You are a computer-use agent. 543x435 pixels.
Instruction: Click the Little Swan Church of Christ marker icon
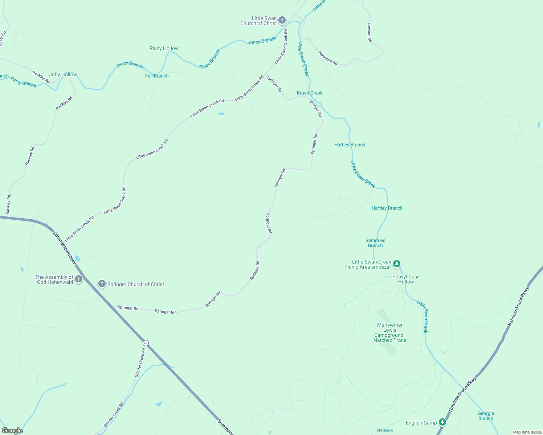pos(282,20)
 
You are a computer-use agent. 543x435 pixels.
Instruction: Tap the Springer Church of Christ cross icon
pos(102,283)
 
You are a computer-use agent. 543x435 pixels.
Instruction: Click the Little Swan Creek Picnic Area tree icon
pos(397,264)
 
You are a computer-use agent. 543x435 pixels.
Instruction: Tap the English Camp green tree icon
pos(442,422)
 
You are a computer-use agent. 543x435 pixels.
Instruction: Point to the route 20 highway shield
pos(146,343)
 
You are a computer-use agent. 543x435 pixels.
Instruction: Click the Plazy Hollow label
pos(164,48)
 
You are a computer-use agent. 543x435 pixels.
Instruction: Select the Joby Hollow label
pos(63,74)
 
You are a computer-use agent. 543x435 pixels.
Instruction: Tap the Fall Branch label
pos(157,76)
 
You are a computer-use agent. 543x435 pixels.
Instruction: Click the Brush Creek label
pos(310,93)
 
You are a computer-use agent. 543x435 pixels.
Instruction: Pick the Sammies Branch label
pos(375,243)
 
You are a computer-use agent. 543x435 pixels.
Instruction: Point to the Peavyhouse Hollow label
pos(406,279)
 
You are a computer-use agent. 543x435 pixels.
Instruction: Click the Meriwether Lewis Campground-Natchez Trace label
pos(390,332)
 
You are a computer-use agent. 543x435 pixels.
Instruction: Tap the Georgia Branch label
pos(486,416)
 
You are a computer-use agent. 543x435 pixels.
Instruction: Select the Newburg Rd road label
pos(328,58)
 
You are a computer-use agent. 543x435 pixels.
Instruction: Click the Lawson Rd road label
pos(370,32)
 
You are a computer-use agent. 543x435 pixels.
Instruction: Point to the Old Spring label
pos(385,430)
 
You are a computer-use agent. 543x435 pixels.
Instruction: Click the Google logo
pos(12,431)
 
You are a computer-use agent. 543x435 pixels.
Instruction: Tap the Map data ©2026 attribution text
pos(527,432)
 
